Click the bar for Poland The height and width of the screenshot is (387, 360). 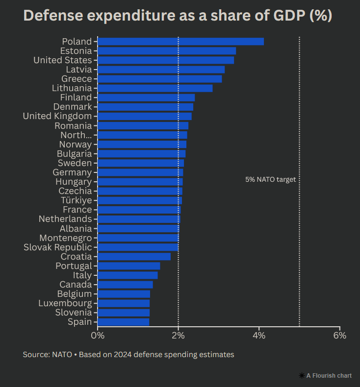[180, 42]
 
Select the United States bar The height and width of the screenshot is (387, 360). [166, 60]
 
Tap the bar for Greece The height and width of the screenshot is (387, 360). [159, 79]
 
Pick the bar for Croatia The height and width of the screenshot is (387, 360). [134, 257]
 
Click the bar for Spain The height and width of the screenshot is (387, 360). [123, 322]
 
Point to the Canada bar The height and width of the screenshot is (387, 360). [125, 285]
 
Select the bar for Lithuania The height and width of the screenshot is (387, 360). [155, 88]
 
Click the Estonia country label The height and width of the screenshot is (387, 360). [76, 51]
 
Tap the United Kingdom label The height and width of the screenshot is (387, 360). [57, 116]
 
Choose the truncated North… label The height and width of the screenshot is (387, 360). [76, 135]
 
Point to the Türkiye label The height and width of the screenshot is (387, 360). [76, 200]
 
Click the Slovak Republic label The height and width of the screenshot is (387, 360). [57, 247]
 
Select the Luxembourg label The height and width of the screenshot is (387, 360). [65, 303]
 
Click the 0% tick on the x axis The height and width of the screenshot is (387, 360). [98, 336]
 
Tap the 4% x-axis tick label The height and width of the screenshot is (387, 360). [259, 336]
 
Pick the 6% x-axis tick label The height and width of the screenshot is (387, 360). [339, 336]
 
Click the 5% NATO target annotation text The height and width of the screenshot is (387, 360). [270, 180]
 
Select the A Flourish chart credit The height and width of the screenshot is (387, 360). [325, 376]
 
